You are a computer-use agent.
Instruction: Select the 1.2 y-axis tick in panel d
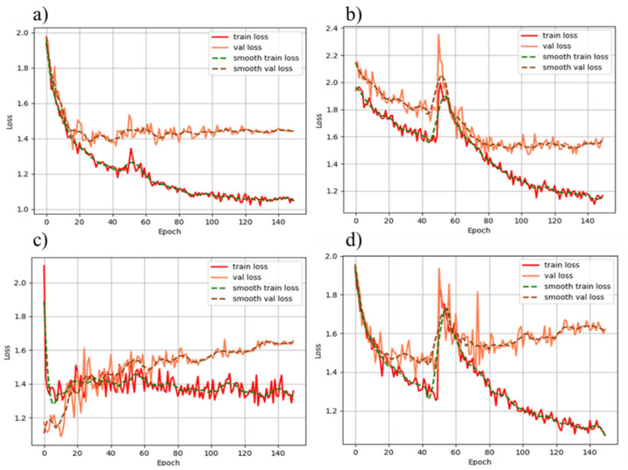click(x=335, y=410)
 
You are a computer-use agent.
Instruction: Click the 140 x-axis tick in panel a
click(x=278, y=223)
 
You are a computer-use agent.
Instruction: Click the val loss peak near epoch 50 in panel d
click(x=439, y=269)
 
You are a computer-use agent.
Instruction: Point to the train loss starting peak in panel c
click(x=44, y=266)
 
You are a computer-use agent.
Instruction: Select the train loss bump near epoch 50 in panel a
click(x=130, y=150)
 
